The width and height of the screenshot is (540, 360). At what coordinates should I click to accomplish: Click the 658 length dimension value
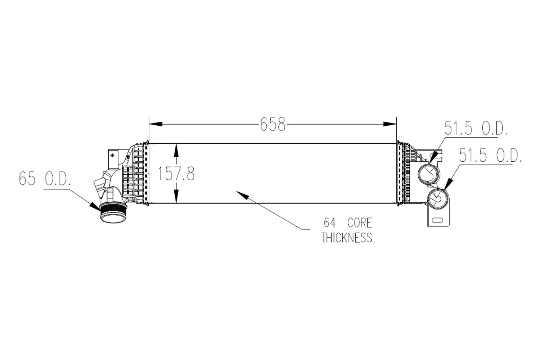[x=273, y=124]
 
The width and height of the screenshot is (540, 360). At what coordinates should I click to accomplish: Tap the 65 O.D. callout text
[x=45, y=179]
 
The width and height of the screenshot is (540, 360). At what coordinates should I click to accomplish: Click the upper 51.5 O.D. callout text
[x=476, y=128]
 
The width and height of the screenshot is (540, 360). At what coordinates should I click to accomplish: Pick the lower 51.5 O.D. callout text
[x=490, y=155]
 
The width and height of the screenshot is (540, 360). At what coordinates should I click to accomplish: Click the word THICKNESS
[x=347, y=238]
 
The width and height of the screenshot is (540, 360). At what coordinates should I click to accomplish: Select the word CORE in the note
[x=359, y=223]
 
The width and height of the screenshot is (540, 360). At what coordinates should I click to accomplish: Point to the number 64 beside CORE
[x=330, y=223]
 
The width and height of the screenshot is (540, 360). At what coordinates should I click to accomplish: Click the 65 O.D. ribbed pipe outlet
[x=113, y=213]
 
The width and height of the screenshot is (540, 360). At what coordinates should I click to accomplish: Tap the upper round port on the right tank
[x=429, y=174]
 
